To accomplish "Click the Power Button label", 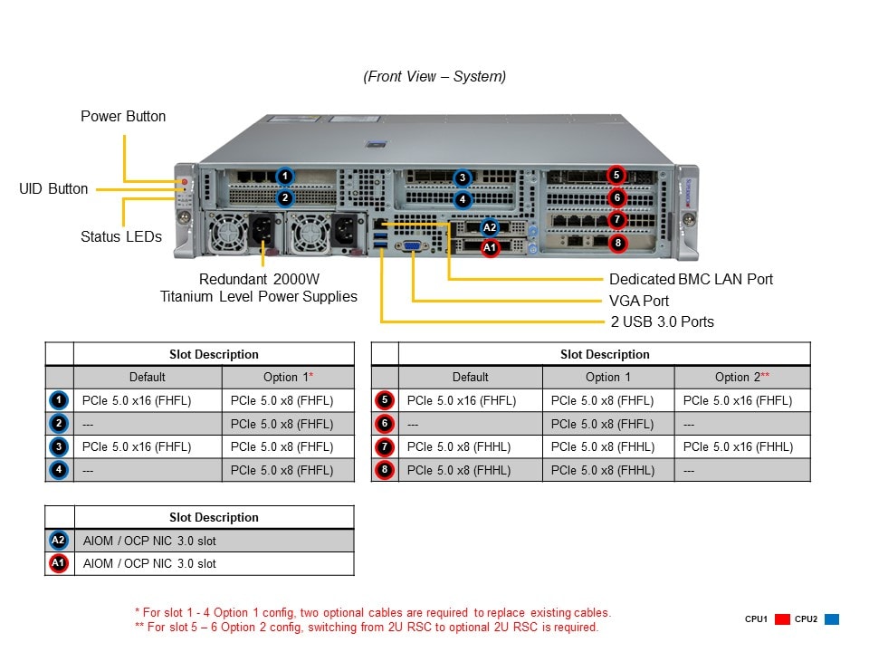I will [x=123, y=116].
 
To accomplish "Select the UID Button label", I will [x=53, y=188].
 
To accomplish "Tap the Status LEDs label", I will [x=121, y=237].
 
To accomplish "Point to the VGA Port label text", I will [x=639, y=301].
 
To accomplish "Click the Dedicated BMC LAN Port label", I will [x=691, y=280].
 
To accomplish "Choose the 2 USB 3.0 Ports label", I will [x=661, y=321].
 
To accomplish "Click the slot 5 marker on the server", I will [x=616, y=175].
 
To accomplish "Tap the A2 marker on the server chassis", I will [x=490, y=228].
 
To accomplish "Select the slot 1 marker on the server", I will [x=284, y=176].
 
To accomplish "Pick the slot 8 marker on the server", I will [x=617, y=242].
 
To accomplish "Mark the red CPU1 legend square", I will [x=782, y=619].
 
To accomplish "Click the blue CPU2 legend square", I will [x=832, y=619].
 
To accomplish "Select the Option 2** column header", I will [x=741, y=377].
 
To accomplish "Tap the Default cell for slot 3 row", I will [x=136, y=446].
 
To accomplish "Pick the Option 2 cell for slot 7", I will [x=738, y=446].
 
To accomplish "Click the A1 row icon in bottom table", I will [x=59, y=563].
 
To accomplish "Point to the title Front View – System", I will [x=434, y=76].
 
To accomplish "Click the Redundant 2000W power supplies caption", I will [x=259, y=288].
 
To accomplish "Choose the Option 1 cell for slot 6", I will [x=602, y=423].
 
